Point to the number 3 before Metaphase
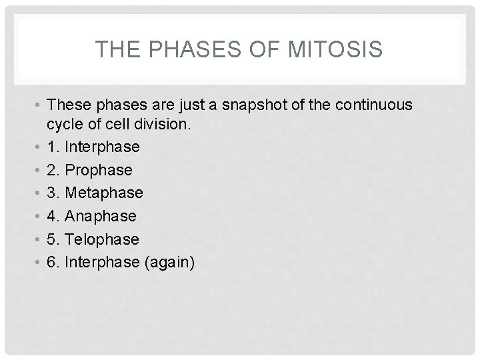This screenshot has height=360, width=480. tap(51, 193)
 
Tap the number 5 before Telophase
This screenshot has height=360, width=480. tap(51, 239)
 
